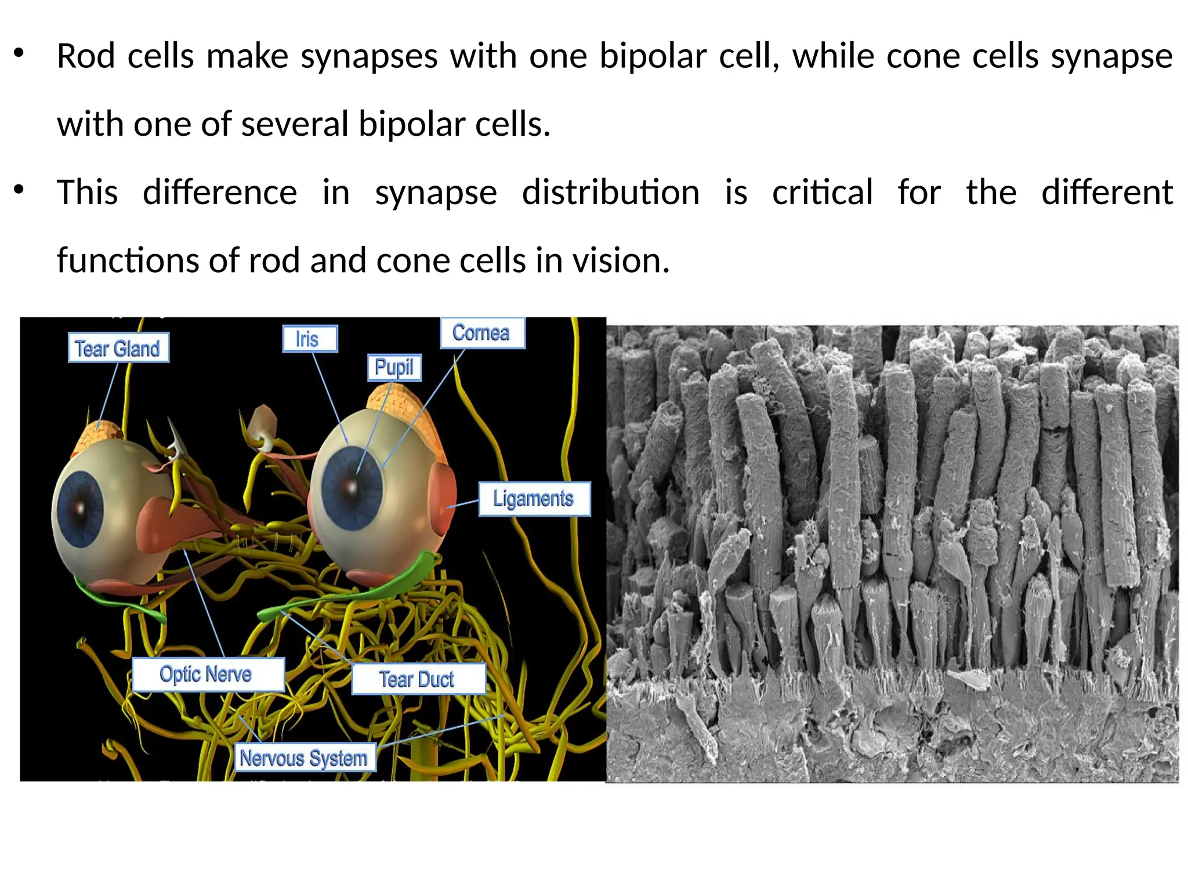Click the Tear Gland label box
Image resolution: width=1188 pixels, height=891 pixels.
point(118,348)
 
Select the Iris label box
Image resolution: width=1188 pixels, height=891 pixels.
point(310,339)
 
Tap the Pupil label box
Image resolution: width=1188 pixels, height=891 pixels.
point(394,367)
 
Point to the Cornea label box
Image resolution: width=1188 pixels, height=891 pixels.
point(482,333)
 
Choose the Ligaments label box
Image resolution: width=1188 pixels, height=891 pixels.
point(534,499)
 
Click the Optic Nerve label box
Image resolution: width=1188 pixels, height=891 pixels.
point(208,675)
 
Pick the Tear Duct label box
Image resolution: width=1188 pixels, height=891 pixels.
point(418,679)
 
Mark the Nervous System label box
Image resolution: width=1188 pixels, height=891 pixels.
point(305,758)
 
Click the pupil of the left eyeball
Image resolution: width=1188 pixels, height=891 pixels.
point(79,509)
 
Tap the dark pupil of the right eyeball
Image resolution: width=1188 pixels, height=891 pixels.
point(352,486)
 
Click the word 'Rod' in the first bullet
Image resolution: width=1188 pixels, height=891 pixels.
point(86,56)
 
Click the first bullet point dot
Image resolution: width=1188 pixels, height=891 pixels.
point(19,53)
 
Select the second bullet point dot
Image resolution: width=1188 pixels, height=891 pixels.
point(19,189)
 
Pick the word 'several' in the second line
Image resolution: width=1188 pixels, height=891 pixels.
point(294,124)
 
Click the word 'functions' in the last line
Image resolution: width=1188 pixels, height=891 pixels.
point(127,260)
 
